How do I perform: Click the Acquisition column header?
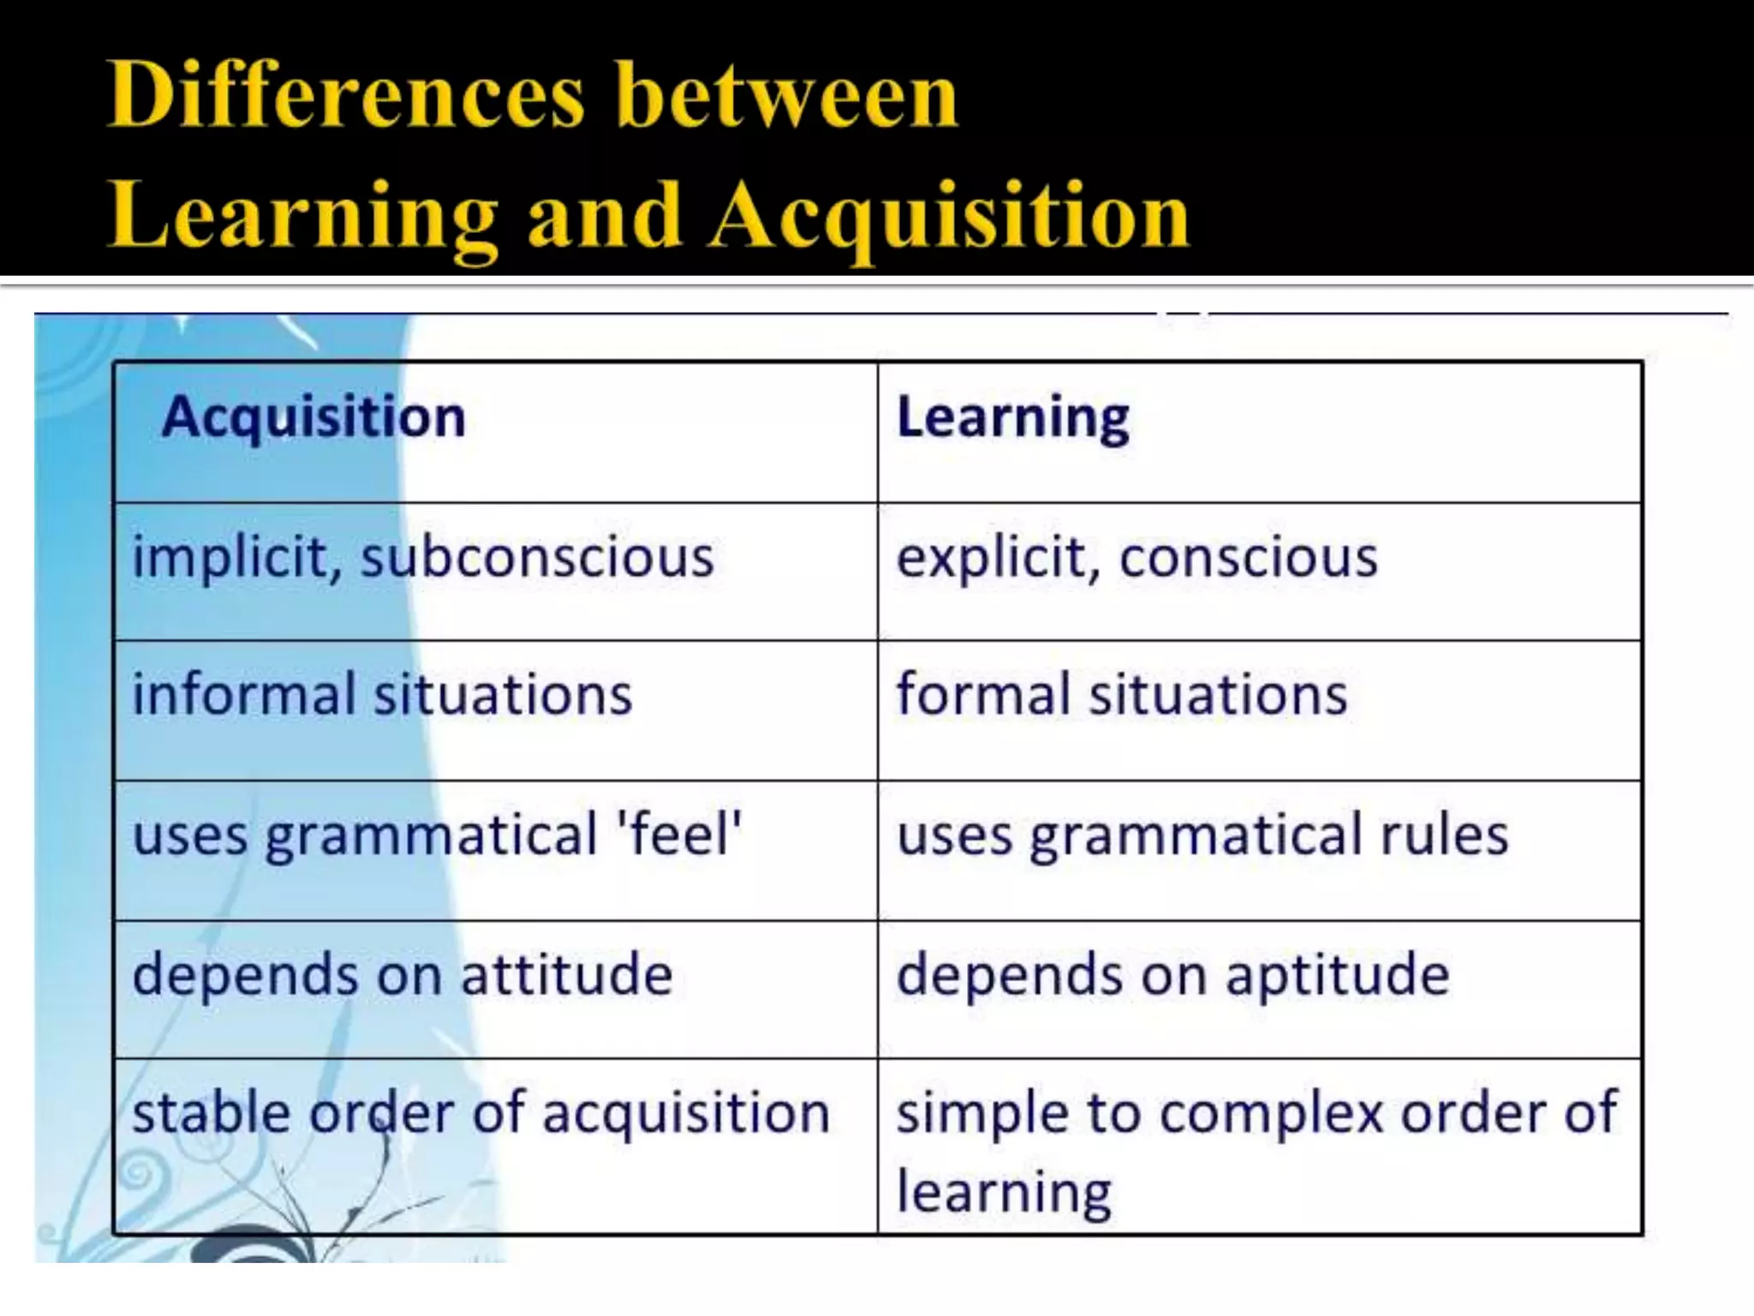point(313,417)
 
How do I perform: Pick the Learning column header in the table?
point(1012,417)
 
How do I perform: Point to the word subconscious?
point(537,558)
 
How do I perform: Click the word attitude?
point(566,974)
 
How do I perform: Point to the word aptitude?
point(1337,974)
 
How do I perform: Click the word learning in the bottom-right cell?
point(1004,1193)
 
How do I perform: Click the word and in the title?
point(605,216)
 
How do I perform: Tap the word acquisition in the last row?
point(686,1115)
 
